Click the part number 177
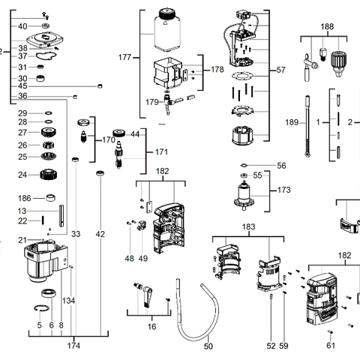pyautogui.click(x=124, y=57)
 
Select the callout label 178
pyautogui.click(x=217, y=69)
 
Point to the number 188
pyautogui.click(x=328, y=27)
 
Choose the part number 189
pyautogui.click(x=292, y=121)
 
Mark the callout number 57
pyautogui.click(x=281, y=70)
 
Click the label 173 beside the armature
pyautogui.click(x=283, y=190)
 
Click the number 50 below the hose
pyautogui.click(x=208, y=346)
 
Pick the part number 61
pyautogui.click(x=331, y=346)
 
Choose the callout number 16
pyautogui.click(x=152, y=327)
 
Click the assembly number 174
pyautogui.click(x=73, y=346)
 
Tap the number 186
pyautogui.click(x=25, y=199)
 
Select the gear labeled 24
pyautogui.click(x=49, y=175)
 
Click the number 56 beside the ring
pyautogui.click(x=281, y=166)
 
